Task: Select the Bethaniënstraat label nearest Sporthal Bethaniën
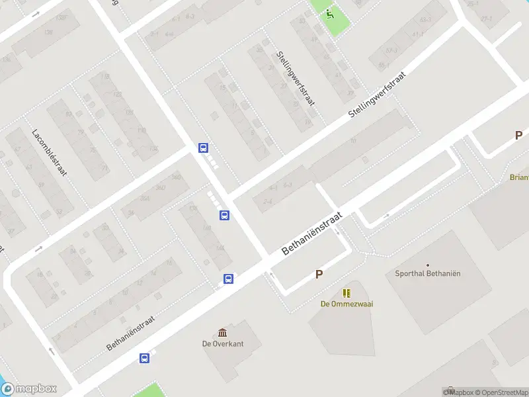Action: (x=311, y=234)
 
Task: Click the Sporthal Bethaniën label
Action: (x=427, y=273)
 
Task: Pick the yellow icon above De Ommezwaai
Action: (x=346, y=292)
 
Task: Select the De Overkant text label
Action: (x=223, y=343)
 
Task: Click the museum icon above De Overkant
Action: (x=222, y=332)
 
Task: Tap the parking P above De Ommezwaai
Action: (x=319, y=274)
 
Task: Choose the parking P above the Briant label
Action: (x=518, y=136)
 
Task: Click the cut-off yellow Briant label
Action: (x=519, y=177)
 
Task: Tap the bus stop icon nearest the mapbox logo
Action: (x=144, y=359)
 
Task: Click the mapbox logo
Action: (x=28, y=389)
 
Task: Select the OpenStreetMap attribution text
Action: (x=502, y=392)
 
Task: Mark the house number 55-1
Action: (x=383, y=65)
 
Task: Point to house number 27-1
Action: (x=486, y=19)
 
